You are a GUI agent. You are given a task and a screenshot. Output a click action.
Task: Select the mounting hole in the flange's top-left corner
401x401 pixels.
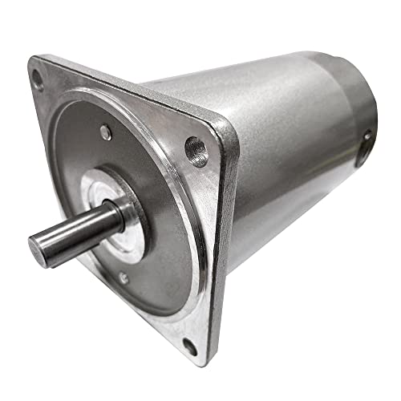[x=37, y=79]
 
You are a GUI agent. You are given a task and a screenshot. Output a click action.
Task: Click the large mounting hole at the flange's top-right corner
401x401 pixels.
[x=195, y=148]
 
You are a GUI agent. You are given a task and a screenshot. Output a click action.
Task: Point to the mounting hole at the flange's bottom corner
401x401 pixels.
[x=189, y=346]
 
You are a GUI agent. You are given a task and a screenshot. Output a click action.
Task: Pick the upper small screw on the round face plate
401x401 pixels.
[x=106, y=133]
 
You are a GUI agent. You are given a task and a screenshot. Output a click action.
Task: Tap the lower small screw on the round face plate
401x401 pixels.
[x=123, y=277]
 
